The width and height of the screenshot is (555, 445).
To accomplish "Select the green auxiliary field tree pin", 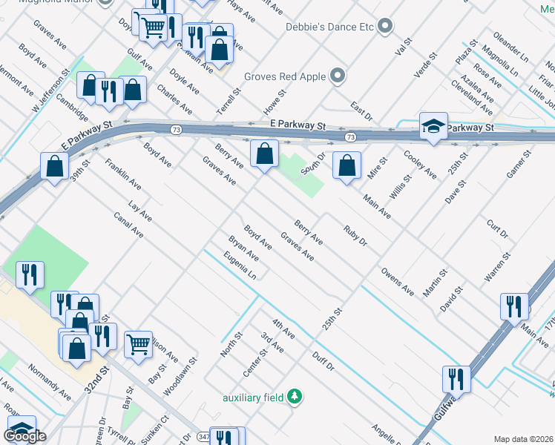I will pyautogui.click(x=295, y=397).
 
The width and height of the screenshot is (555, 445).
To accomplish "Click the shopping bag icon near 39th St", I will pyautogui.click(x=55, y=166).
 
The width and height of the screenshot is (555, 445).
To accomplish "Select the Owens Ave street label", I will pyautogui.click(x=398, y=282).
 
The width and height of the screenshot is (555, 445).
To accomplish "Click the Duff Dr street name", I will pyautogui.click(x=324, y=362).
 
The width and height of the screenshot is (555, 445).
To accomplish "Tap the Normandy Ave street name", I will pyautogui.click(x=49, y=380).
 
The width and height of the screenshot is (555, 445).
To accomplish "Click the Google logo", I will pyautogui.click(x=24, y=436).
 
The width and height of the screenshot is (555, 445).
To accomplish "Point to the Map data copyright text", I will pyautogui.click(x=524, y=439).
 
